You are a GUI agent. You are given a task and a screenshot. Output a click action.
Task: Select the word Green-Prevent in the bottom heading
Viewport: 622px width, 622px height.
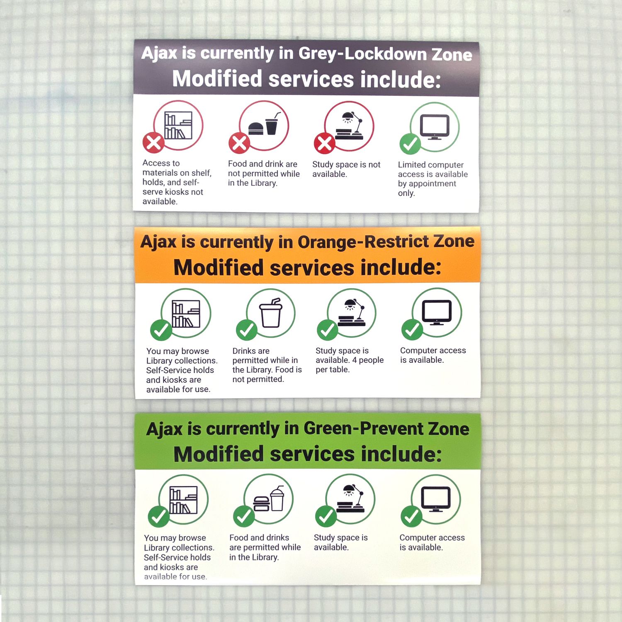(x=363, y=428)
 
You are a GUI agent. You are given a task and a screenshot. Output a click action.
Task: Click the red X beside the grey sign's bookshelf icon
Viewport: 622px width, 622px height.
(x=153, y=143)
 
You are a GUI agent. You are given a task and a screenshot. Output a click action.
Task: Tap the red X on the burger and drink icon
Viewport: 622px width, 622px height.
(x=239, y=143)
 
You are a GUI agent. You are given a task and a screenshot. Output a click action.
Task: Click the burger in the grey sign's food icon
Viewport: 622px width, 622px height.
(x=256, y=128)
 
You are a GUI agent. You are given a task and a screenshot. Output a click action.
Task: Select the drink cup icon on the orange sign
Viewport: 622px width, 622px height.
(x=271, y=313)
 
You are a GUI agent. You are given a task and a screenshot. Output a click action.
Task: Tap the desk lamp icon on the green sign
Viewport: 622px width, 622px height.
(x=351, y=498)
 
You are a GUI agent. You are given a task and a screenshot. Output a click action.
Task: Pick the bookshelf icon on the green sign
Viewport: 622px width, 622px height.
(x=183, y=500)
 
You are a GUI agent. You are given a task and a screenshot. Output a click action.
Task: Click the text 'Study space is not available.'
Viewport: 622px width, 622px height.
(x=346, y=169)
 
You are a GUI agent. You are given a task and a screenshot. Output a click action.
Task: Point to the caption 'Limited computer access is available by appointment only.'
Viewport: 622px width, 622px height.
(x=432, y=179)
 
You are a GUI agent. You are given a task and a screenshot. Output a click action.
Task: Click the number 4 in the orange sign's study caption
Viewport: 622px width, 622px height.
(x=355, y=360)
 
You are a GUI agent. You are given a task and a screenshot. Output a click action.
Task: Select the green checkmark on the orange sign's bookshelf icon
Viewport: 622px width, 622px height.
(x=161, y=330)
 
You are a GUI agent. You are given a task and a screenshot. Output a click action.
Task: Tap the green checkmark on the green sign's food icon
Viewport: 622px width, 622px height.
(x=244, y=516)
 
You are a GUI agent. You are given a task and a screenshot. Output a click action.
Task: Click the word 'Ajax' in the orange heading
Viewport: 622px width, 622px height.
(x=158, y=242)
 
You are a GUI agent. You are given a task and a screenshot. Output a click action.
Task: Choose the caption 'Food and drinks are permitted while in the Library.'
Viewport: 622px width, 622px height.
(x=265, y=547)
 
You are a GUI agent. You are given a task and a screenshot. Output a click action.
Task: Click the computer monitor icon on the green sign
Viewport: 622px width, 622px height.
(x=436, y=498)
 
